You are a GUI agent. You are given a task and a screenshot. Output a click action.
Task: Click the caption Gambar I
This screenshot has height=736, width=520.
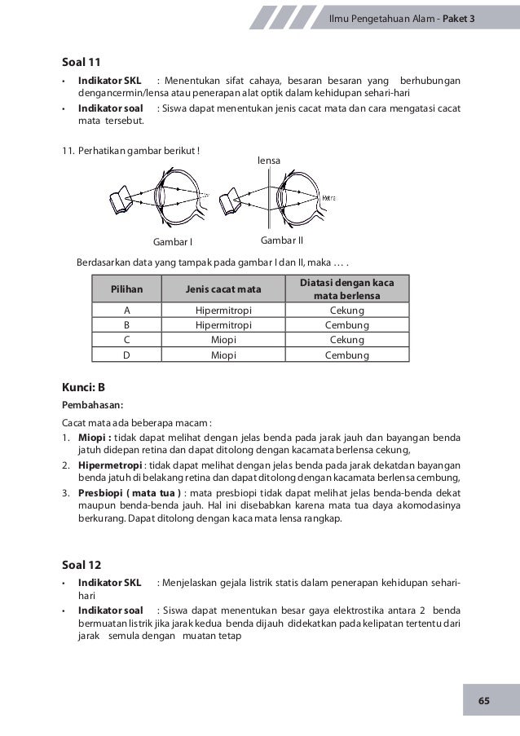coord(173,242)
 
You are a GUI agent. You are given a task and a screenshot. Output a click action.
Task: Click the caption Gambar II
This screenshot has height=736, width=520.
coord(281,241)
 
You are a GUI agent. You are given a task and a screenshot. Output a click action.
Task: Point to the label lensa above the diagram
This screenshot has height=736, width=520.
coord(269,161)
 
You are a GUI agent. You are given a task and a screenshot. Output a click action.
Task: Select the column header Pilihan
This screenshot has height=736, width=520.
coord(126,289)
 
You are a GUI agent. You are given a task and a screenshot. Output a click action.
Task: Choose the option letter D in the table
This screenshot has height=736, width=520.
coord(126,355)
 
